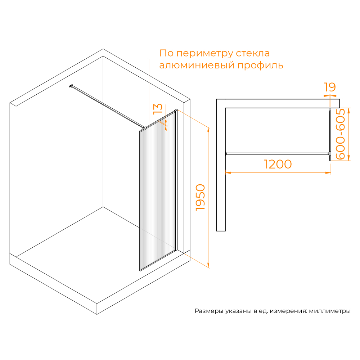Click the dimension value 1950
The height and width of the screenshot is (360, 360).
(200, 197)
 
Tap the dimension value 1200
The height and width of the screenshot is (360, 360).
(278, 164)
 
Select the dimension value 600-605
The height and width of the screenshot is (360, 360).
(340, 134)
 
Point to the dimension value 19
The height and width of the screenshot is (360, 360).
(330, 87)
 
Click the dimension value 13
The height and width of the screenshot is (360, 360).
(158, 109)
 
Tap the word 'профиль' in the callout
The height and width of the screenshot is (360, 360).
(260, 66)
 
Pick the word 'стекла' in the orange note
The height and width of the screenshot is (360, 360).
(253, 53)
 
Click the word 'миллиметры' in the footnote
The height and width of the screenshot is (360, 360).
(330, 311)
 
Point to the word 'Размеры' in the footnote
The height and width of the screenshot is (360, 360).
(209, 311)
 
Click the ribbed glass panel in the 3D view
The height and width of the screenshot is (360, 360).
(158, 190)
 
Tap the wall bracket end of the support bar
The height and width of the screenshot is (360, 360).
(71, 86)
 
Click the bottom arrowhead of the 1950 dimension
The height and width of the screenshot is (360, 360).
(208, 265)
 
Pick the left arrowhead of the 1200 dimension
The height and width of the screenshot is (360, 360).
(228, 173)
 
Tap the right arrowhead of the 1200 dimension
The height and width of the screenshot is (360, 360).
(328, 173)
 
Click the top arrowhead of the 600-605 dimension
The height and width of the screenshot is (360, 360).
(348, 111)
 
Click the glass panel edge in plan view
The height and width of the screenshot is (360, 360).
(330, 134)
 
